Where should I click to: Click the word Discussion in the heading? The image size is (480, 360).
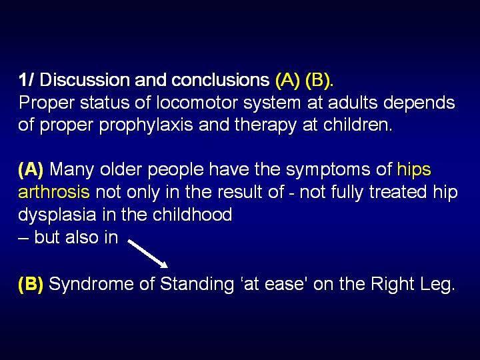[x=85, y=80]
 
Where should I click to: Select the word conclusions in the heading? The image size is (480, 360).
[x=221, y=80]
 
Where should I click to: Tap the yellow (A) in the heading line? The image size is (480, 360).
[x=287, y=81]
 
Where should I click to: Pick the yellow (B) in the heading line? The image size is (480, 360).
[x=318, y=81]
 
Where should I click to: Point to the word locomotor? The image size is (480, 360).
[x=197, y=103]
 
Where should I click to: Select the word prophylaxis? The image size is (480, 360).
[x=146, y=125]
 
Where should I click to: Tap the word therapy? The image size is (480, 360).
[x=265, y=125]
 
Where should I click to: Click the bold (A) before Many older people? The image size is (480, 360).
[x=31, y=170]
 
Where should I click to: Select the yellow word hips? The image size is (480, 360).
[x=414, y=170]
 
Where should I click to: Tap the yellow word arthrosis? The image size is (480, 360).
[x=54, y=192]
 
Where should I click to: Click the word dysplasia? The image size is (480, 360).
[x=57, y=215]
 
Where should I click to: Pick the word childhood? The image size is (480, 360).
[x=192, y=214]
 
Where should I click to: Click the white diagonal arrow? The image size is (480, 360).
[x=148, y=254]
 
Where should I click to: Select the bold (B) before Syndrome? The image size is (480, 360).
[x=31, y=284]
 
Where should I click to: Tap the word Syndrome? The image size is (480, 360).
[x=91, y=285]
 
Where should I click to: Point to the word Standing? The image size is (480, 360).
[x=197, y=285]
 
